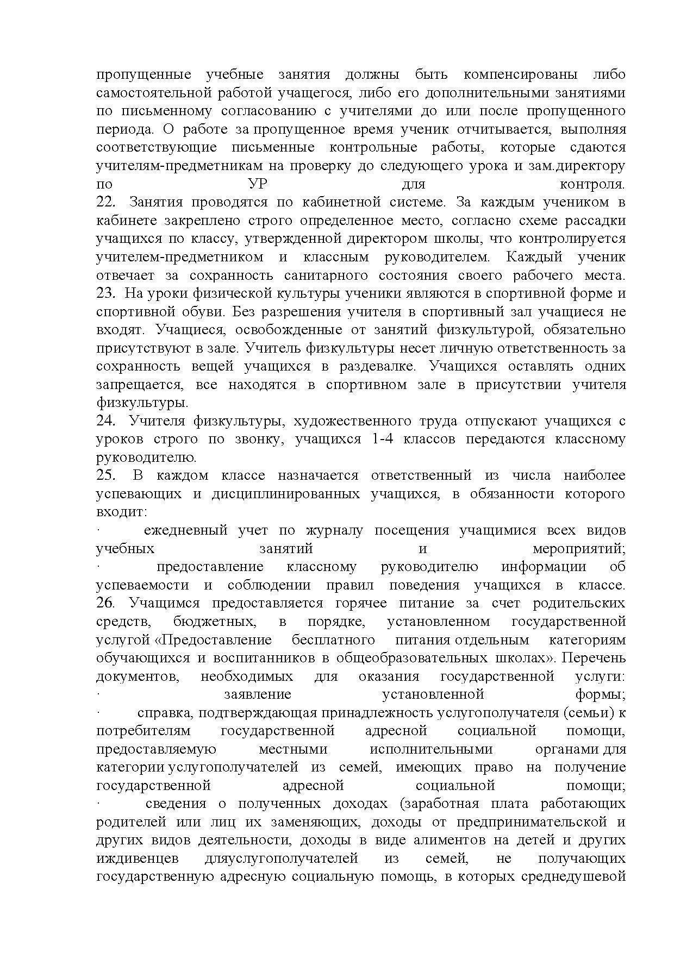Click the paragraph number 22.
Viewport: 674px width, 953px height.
coord(105,202)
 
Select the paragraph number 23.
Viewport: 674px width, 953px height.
coord(105,293)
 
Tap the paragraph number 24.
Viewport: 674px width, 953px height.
coord(105,421)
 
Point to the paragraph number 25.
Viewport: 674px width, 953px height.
coord(105,475)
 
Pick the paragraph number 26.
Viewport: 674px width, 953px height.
coord(105,603)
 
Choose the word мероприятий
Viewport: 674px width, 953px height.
coord(579,549)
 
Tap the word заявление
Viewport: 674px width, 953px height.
coord(257,694)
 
